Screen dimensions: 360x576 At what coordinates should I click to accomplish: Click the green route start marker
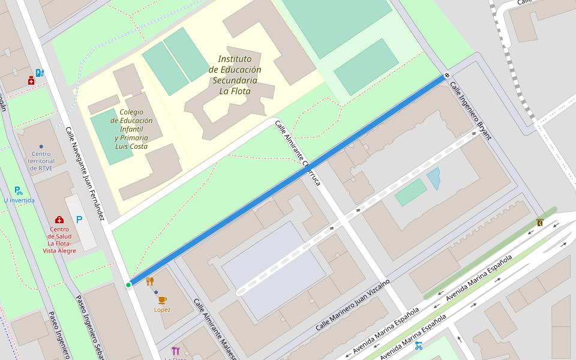coord(128,284)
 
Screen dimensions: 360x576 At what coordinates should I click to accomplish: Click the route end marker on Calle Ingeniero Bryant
coord(447,75)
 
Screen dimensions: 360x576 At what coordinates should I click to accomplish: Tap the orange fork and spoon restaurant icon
coord(150,281)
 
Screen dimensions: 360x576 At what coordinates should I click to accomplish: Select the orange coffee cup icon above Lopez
coord(162,300)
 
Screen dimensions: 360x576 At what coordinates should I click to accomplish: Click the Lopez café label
coord(162,310)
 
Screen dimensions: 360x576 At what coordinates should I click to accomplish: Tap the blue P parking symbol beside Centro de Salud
coord(79,220)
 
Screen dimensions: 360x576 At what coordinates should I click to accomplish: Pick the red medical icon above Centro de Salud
coord(59,220)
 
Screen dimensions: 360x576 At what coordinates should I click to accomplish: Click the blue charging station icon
coord(40,73)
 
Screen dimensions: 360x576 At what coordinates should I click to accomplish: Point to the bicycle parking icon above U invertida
coord(18,191)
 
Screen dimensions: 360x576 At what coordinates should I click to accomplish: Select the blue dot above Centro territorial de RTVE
coord(41,146)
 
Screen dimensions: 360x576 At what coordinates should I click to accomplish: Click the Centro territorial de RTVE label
coord(41,161)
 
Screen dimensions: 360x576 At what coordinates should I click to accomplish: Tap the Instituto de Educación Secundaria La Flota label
coord(235,75)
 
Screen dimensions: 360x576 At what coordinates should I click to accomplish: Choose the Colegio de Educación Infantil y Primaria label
coord(131,129)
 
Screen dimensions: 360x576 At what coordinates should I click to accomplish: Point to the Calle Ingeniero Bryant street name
coord(470,110)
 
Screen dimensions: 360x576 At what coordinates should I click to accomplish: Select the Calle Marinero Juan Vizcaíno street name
coord(353,305)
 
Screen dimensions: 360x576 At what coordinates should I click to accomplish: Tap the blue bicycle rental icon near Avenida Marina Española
coord(418,346)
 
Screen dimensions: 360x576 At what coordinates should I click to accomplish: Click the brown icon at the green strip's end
coord(540,223)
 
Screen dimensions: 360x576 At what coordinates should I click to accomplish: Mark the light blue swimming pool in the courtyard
coord(433,178)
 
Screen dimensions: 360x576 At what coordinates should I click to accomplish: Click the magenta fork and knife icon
coord(175,350)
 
